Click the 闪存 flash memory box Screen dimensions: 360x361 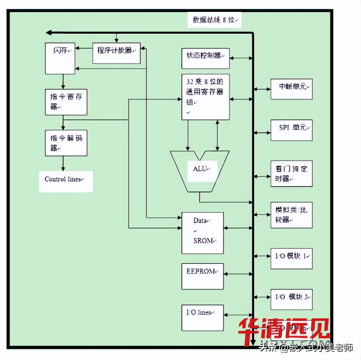coord(60,58)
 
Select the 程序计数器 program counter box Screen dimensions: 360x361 coord(116,53)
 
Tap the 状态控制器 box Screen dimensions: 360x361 coord(205,58)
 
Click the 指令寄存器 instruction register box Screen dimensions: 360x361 coord(66,102)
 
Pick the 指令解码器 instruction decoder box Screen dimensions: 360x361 coord(66,143)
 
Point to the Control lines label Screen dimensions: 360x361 coord(66,182)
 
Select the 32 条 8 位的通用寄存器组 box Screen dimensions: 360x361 coord(205,97)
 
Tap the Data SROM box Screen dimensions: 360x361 coord(202,233)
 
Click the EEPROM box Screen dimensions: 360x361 coord(202,276)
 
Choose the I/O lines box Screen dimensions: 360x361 coord(202,318)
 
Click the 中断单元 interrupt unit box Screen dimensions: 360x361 coord(291,89)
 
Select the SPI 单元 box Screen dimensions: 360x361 coord(291,130)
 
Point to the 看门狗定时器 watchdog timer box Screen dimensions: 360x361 coord(291,174)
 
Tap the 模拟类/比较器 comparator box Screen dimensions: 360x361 coord(291,215)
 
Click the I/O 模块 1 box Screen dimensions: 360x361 coord(291,258)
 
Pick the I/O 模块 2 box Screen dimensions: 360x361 coord(291,299)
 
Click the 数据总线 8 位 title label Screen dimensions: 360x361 coord(214,20)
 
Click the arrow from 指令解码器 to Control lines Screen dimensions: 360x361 coord(63,163)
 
